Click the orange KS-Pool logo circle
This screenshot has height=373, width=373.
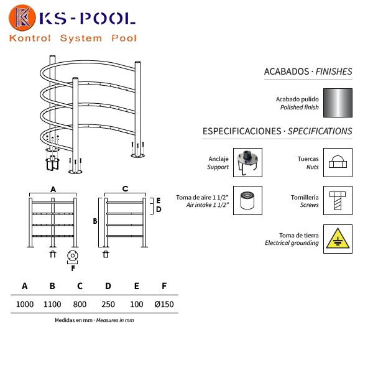tap(22, 18)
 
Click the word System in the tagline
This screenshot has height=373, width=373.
tap(81, 38)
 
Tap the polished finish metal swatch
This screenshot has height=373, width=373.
tap(338, 103)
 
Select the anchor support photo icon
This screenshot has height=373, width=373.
tap(247, 162)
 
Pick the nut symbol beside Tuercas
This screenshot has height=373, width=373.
tap(338, 162)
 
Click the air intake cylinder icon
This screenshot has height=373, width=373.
tap(247, 201)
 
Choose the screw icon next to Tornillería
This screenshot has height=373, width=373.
tap(338, 201)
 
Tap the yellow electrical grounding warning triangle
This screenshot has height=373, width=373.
tap(338, 239)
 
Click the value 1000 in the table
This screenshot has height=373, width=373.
tap(25, 304)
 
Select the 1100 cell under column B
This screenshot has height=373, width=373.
tap(52, 304)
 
